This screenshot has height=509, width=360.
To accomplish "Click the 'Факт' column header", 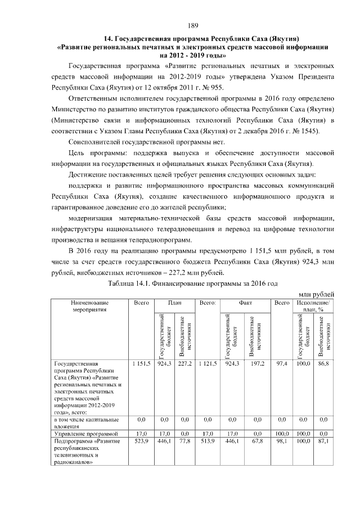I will [245, 303].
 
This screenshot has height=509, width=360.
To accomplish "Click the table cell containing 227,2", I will [186, 364].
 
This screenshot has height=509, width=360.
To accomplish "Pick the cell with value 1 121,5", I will [208, 364].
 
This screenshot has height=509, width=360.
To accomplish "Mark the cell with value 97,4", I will [281, 364].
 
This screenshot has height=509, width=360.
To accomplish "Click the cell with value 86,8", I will [323, 364].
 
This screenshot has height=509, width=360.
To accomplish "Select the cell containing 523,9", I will [140, 442].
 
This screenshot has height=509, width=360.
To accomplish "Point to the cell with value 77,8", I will [186, 442].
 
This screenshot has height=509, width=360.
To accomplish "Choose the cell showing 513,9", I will [208, 442].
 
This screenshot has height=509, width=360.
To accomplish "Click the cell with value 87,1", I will [323, 442].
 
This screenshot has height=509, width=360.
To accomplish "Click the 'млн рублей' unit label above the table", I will [316, 292].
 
